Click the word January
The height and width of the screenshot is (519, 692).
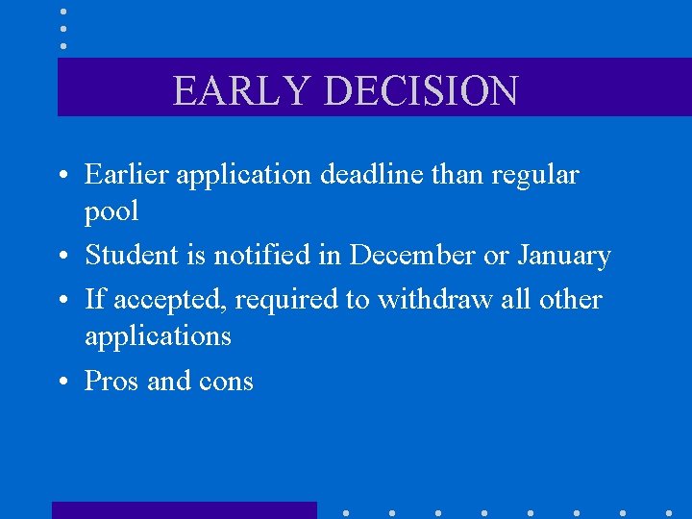click(564, 257)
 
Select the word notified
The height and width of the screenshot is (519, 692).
click(254, 255)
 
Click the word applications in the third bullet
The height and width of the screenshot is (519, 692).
click(158, 336)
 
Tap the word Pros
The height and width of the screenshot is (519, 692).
click(112, 381)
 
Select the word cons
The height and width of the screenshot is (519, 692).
click(225, 382)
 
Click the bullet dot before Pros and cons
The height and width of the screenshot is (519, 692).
click(63, 383)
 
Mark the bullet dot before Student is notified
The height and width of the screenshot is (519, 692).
click(63, 257)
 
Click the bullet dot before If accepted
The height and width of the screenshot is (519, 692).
click(63, 301)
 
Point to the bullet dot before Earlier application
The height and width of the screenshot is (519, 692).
click(63, 176)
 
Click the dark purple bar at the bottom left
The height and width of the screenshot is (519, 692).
click(184, 509)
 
